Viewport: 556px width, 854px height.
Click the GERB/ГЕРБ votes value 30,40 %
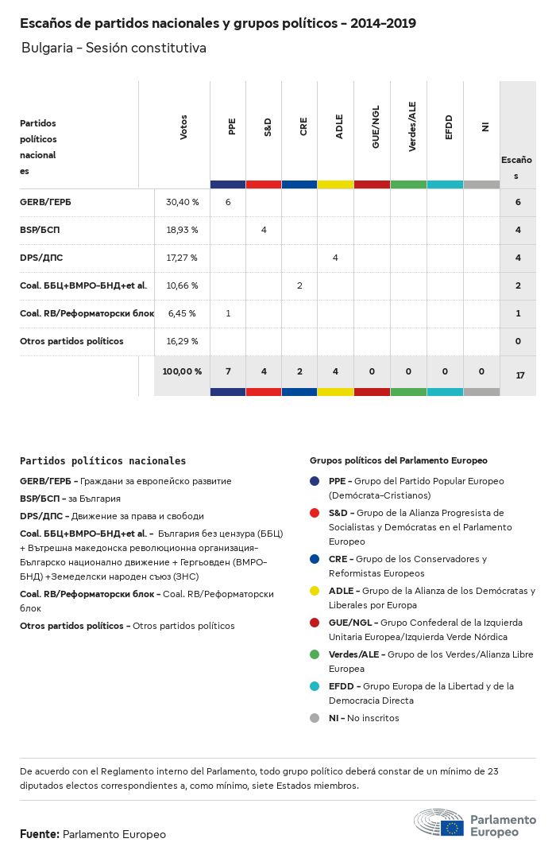182,202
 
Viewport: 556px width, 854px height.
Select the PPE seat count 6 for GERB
228,202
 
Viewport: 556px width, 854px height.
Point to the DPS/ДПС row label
41,258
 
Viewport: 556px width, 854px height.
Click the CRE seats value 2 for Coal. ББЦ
299,285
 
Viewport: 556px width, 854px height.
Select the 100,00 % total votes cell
182,371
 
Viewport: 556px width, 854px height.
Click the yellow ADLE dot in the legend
315,591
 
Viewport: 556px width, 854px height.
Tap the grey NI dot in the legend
315,718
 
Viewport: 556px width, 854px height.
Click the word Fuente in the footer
39,834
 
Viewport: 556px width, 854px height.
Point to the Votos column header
183,128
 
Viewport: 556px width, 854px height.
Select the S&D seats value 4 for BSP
264,230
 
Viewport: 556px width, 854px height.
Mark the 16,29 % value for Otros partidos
182,341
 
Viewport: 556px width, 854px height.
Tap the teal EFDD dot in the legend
315,686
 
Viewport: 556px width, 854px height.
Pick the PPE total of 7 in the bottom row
228,371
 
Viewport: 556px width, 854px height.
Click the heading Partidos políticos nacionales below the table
102,460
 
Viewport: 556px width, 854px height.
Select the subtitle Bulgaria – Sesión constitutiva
114,48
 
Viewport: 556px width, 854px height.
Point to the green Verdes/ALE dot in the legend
315,654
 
